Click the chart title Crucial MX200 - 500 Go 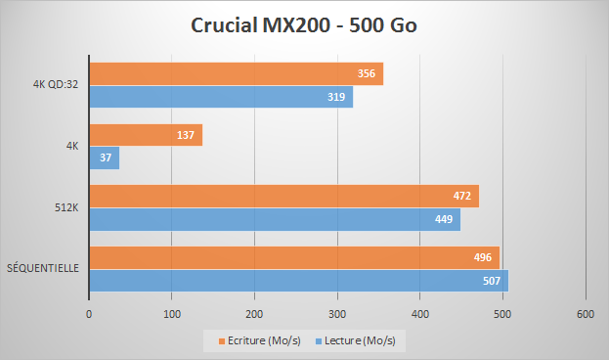click(x=304, y=25)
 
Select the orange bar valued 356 click(x=235, y=74)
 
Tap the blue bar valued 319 click(x=220, y=98)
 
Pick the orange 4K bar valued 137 click(x=145, y=135)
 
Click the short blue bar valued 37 click(x=104, y=158)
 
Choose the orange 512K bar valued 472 click(x=283, y=196)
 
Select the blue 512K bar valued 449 click(x=274, y=220)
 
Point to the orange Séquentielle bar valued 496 click(x=293, y=257)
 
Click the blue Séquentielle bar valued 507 click(x=298, y=281)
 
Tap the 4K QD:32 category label click(x=55, y=85)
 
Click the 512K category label click(x=66, y=206)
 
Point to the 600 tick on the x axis click(x=586, y=314)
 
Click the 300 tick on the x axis click(x=337, y=314)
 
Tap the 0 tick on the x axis click(x=89, y=314)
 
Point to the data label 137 click(x=187, y=135)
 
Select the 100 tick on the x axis click(x=172, y=314)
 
